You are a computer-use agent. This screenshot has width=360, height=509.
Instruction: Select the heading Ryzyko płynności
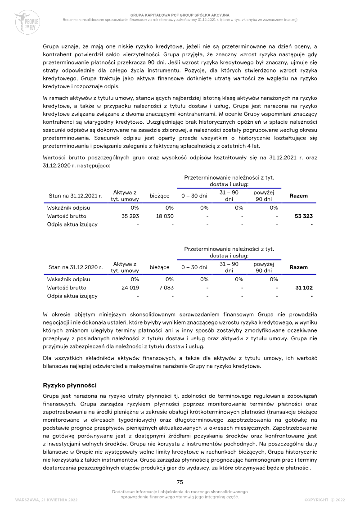point(69,385)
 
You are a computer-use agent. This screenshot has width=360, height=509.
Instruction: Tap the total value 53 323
point(304,216)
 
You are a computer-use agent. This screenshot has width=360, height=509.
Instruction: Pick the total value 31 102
point(304,288)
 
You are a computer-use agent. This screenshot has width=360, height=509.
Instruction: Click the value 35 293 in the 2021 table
point(130,216)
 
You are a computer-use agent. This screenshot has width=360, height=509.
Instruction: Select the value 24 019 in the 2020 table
point(130,288)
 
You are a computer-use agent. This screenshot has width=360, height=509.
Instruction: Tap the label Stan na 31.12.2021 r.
point(75,196)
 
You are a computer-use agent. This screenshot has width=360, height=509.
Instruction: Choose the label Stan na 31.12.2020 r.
point(75,267)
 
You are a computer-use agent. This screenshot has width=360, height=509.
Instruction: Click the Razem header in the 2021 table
point(299,196)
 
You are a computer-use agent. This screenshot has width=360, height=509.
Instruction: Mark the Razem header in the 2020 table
point(299,267)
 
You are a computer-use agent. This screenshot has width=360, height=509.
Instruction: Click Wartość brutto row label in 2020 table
point(67,288)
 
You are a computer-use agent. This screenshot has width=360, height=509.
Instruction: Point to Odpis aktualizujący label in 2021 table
point(72,225)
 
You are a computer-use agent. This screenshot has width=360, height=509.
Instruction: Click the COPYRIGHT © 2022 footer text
point(324,500)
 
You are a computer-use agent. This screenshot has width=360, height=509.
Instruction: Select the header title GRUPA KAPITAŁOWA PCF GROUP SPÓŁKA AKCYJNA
point(180,15)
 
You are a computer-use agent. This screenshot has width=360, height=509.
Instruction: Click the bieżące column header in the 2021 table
point(159,196)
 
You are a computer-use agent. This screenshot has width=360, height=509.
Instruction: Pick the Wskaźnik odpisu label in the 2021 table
point(68,208)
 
